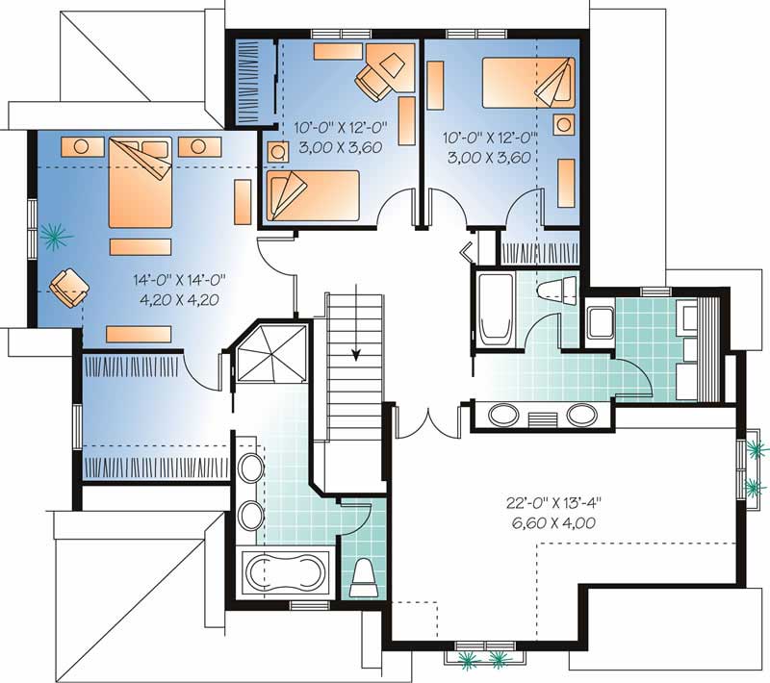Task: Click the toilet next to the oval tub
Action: pyautogui.click(x=365, y=578)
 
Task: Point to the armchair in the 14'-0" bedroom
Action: pyautogui.click(x=69, y=287)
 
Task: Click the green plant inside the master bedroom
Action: pyautogui.click(x=56, y=237)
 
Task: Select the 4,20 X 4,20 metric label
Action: pyautogui.click(x=179, y=299)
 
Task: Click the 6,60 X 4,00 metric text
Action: pyautogui.click(x=554, y=523)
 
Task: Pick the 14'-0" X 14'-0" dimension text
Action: pyautogui.click(x=179, y=279)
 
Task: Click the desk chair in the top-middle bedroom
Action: pyautogui.click(x=373, y=80)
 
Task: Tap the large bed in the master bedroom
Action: pyautogui.click(x=141, y=183)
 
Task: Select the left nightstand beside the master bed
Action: pyautogui.click(x=82, y=146)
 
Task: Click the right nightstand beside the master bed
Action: pyautogui.click(x=199, y=146)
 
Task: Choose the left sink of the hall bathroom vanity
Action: pyautogui.click(x=503, y=416)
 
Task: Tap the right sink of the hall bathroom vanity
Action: pyautogui.click(x=582, y=416)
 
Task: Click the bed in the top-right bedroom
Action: pyautogui.click(x=528, y=83)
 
